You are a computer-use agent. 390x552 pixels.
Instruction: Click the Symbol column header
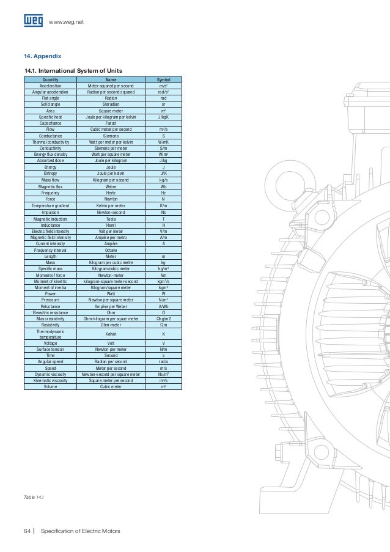163,79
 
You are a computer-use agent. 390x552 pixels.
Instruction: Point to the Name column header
111,79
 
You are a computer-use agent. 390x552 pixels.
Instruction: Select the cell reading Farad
111,123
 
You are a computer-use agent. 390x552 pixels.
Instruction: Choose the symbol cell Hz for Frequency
163,193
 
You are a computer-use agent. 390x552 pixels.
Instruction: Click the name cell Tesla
111,218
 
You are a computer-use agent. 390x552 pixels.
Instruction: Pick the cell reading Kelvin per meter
111,205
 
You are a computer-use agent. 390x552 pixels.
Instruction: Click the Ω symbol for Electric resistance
163,312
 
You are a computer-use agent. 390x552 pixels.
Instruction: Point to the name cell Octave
111,250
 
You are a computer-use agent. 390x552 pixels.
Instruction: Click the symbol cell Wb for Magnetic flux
163,186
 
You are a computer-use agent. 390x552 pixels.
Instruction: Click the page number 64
27,531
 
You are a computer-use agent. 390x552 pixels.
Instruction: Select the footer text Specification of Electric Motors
80,531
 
